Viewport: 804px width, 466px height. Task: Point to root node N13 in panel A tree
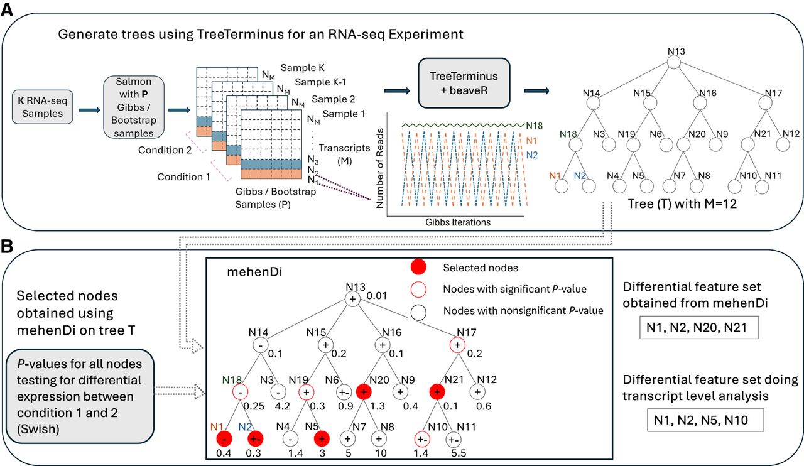[673, 63]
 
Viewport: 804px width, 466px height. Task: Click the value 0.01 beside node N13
[376, 294]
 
